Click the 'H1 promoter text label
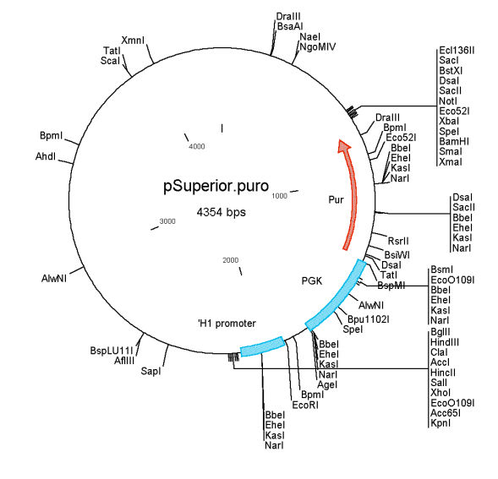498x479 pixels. (226, 323)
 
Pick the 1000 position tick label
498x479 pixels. (281, 196)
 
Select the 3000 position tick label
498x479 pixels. (167, 220)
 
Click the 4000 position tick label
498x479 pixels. (196, 146)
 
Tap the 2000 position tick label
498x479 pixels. (230, 259)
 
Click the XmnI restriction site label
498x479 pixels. (133, 40)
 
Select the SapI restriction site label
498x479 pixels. (150, 370)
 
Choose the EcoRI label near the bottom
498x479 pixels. (304, 406)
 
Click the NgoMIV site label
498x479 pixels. (317, 47)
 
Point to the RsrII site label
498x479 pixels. (397, 242)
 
